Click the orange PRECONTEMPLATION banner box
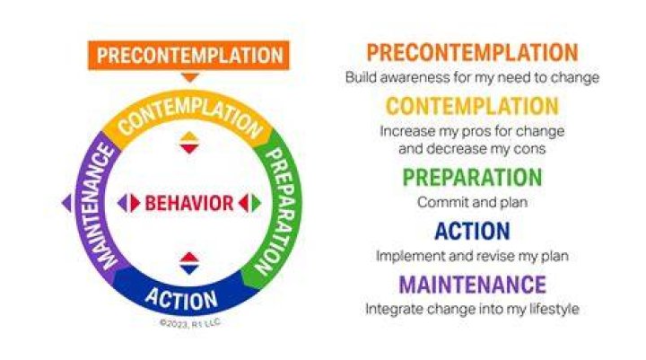[x=189, y=56]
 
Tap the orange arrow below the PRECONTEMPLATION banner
[x=190, y=77]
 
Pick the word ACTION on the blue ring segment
[x=181, y=299]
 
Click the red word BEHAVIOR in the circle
[x=189, y=203]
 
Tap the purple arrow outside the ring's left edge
[x=66, y=203]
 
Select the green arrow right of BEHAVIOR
[x=257, y=203]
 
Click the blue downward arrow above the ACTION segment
[x=189, y=269]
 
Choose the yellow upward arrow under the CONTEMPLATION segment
[x=189, y=136]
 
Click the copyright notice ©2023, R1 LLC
[x=190, y=324]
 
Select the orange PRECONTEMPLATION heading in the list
[x=472, y=53]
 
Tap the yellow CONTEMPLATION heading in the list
[x=472, y=106]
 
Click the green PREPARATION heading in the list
[x=472, y=178]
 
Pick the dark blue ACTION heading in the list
[x=472, y=231]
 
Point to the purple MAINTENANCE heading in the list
[x=472, y=285]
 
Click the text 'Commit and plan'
[x=472, y=203]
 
